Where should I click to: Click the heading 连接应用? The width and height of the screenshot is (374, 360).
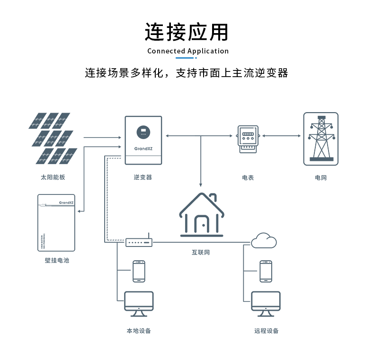click(x=187, y=32)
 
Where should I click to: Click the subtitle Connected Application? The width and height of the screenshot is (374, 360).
click(x=187, y=51)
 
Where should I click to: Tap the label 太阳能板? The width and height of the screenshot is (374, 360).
click(x=53, y=177)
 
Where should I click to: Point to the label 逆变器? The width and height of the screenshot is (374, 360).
click(x=142, y=177)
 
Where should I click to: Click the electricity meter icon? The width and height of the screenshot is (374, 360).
click(x=248, y=139)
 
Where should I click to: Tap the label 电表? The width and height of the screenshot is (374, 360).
click(x=248, y=177)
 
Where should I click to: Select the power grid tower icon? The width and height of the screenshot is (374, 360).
click(x=321, y=139)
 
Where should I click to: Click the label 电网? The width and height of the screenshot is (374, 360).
click(x=321, y=177)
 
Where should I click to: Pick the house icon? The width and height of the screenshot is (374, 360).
click(x=201, y=215)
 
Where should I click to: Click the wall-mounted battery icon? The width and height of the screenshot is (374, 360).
click(x=56, y=222)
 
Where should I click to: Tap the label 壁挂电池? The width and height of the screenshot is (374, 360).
click(x=57, y=260)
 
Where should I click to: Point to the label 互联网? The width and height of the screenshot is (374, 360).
click(x=201, y=252)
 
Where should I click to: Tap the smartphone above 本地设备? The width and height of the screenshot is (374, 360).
click(x=139, y=271)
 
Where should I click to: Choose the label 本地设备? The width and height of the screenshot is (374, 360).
click(x=139, y=331)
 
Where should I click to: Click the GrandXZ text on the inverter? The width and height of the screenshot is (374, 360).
click(x=142, y=148)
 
